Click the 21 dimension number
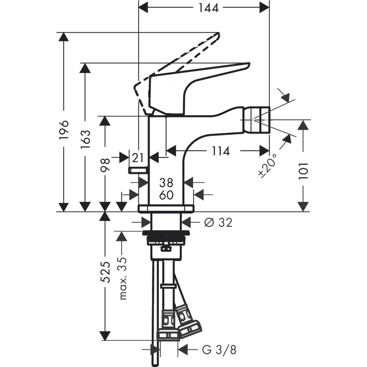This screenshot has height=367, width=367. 138,158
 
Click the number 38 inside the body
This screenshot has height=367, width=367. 166,182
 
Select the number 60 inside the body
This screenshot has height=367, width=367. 166,195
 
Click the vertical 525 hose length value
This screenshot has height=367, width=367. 105,272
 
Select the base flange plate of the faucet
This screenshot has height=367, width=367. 166,209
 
